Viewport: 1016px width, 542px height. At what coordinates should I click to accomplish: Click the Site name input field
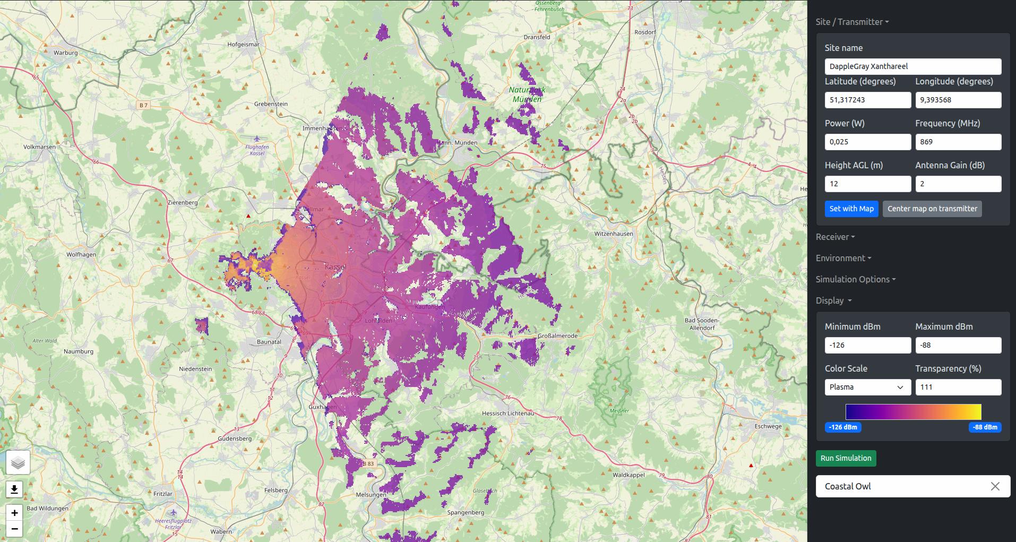coord(912,66)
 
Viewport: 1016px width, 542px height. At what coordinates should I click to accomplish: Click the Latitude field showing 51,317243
coord(867,100)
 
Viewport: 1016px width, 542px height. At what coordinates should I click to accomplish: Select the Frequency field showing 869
coord(958,142)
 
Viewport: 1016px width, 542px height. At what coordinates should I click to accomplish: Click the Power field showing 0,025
coord(867,142)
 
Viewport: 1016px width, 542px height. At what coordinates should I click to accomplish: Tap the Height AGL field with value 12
coord(867,184)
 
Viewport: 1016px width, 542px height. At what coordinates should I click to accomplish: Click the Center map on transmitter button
coord(932,209)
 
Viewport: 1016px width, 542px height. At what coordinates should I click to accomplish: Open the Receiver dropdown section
coord(835,237)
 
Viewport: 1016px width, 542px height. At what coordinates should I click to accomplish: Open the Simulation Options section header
coord(855,279)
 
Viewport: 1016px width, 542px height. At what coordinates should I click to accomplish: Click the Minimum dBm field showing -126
coord(867,345)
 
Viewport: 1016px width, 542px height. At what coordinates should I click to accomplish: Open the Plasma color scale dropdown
coord(867,387)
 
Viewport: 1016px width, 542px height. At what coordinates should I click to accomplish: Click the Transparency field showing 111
coord(958,387)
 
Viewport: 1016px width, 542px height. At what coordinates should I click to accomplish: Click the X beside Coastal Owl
coord(995,486)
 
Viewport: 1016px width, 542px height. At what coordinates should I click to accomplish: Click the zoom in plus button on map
coord(14,513)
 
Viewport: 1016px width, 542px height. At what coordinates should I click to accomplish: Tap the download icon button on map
coord(14,489)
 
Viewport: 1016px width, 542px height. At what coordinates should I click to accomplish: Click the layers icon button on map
coord(18,463)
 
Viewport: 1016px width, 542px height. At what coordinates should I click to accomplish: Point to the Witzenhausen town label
coord(613,234)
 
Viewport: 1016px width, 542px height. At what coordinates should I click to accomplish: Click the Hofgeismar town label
coord(243,45)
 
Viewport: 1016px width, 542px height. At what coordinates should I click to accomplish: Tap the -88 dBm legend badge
coord(985,427)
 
